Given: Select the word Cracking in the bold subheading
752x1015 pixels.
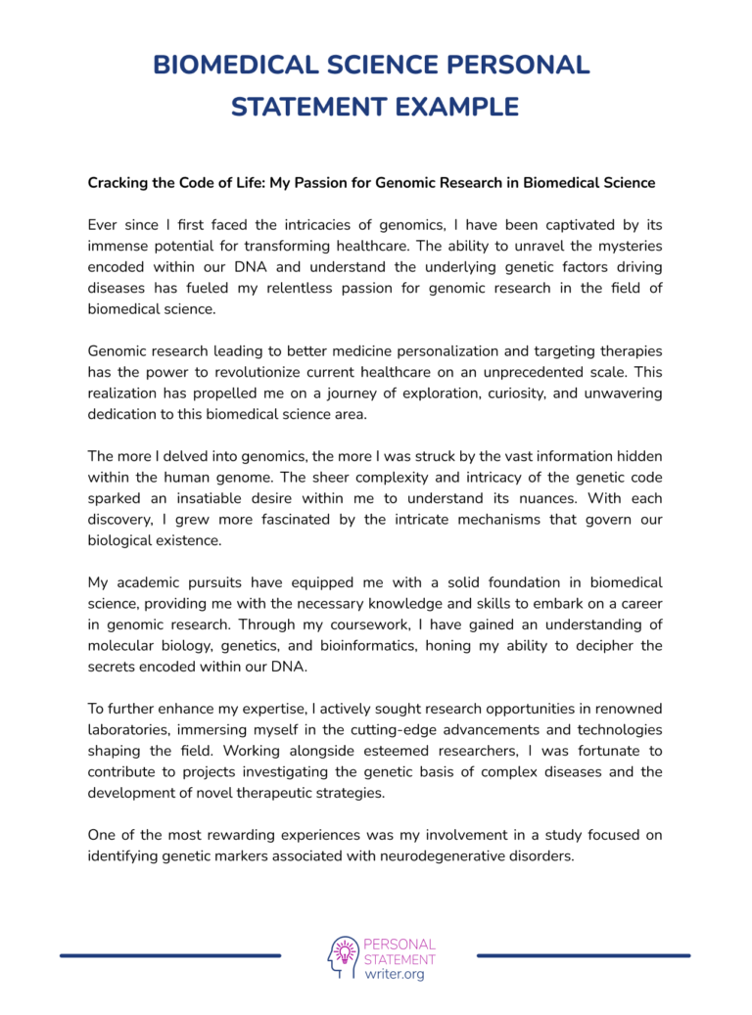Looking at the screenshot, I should click(x=121, y=183).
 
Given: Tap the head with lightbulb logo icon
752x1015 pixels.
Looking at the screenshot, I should click(x=343, y=956).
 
